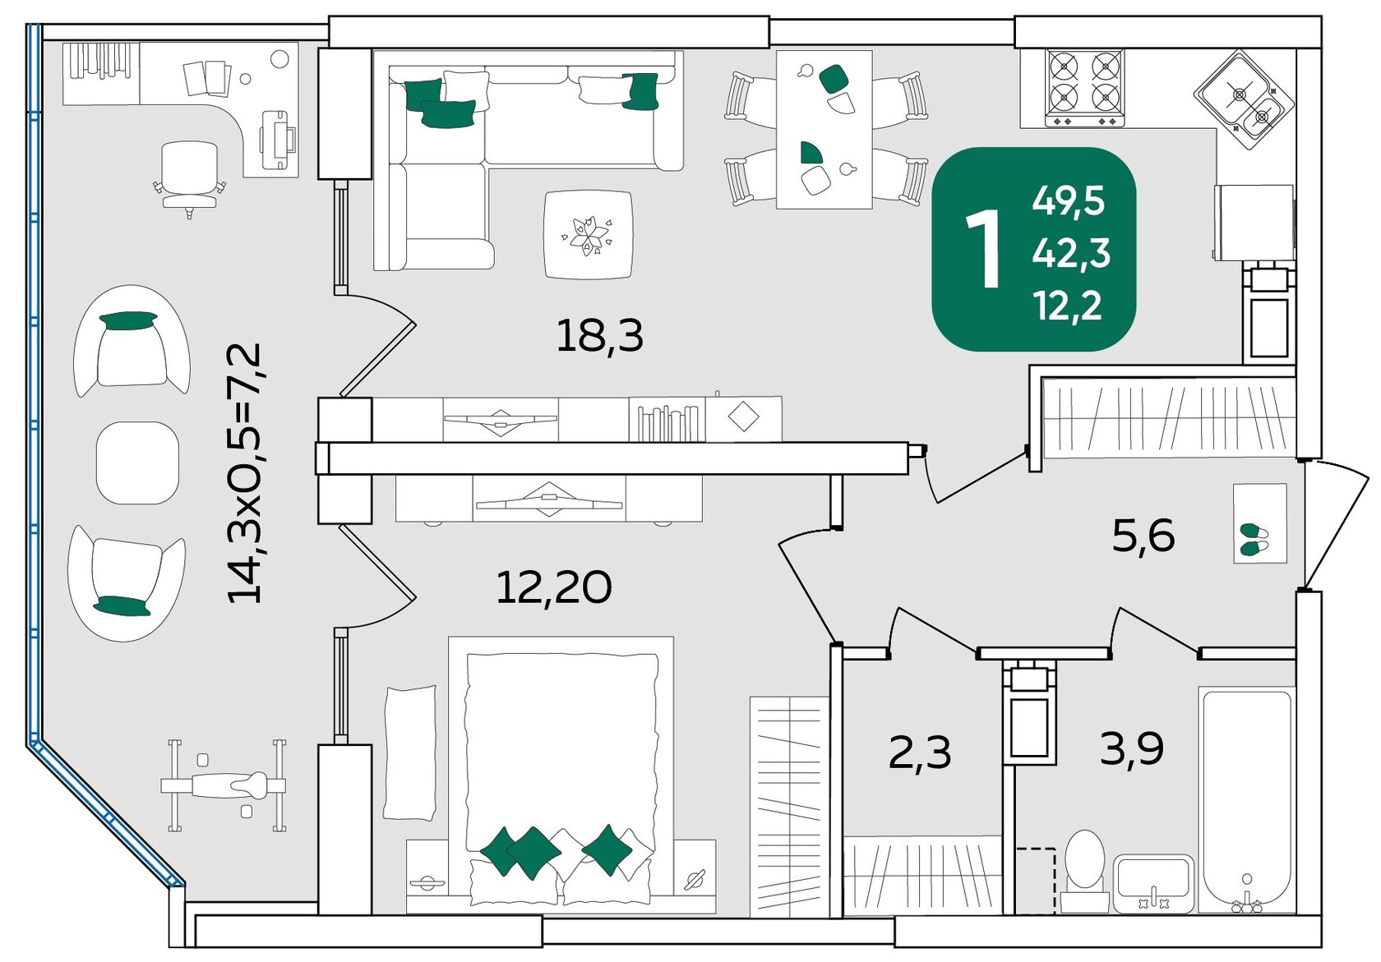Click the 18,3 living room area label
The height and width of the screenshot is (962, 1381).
point(599,336)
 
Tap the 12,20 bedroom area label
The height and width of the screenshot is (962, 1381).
point(553,587)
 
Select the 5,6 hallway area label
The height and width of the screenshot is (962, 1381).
point(1143,536)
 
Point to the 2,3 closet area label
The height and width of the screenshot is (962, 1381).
point(920,752)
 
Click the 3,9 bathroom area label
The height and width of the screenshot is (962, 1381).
point(1132,748)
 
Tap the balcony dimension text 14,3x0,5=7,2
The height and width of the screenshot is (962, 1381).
point(245,473)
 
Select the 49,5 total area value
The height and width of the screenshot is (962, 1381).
point(1068,200)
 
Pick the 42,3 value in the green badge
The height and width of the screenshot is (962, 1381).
point(1071,253)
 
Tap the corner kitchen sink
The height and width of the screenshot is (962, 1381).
point(1244,100)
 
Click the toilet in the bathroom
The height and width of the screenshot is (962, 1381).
point(1084,867)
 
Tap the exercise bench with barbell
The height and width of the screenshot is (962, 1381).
point(224,785)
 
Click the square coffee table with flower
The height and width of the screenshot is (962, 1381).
point(588,234)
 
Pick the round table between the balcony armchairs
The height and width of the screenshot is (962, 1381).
point(137,463)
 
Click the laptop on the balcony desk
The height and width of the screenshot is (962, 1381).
point(276,140)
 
